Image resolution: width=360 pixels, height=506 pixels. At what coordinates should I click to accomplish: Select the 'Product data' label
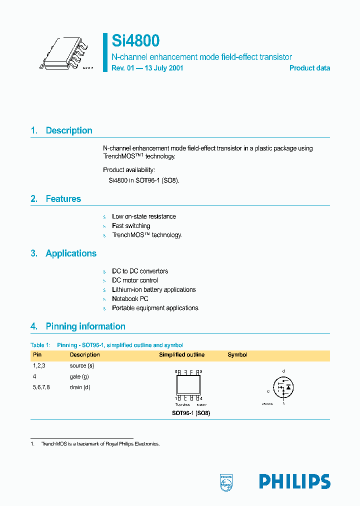point(309,68)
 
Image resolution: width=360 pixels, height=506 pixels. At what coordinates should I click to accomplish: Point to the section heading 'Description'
point(69,130)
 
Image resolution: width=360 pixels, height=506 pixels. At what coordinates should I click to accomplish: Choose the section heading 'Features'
point(63,199)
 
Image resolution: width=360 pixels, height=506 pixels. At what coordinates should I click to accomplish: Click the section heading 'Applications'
point(71,253)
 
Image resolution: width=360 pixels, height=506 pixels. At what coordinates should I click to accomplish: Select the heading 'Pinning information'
point(85,326)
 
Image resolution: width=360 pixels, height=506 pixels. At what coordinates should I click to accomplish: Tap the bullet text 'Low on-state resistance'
point(144,216)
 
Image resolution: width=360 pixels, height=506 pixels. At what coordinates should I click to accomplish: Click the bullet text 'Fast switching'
point(131,226)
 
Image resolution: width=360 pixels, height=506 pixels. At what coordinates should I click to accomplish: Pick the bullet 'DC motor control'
point(135,280)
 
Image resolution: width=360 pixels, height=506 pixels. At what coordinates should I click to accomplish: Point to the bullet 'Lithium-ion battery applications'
point(154,289)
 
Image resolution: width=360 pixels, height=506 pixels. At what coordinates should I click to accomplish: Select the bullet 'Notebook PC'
point(130,299)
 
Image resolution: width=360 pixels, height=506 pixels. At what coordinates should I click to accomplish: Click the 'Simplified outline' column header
point(181,355)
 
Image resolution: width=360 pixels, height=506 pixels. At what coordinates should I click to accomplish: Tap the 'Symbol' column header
point(237,355)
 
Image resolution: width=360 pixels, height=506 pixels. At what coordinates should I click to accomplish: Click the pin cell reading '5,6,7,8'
point(41,387)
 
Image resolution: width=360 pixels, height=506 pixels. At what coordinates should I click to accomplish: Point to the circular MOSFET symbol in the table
point(283,387)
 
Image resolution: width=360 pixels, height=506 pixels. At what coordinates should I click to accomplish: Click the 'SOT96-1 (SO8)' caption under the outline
point(187,413)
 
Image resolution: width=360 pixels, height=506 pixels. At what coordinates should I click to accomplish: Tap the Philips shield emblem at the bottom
point(226,482)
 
